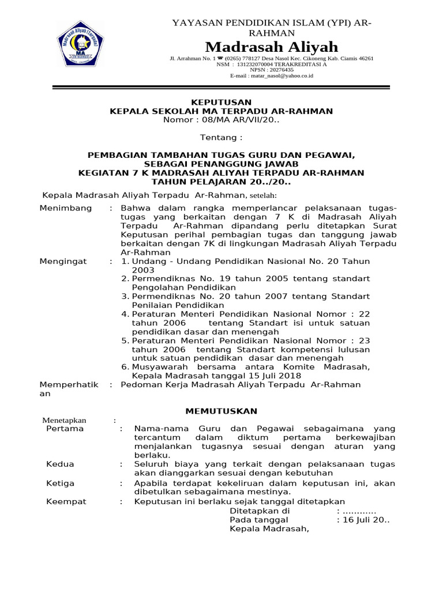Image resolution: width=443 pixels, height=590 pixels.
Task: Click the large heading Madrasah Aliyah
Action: tap(272, 47)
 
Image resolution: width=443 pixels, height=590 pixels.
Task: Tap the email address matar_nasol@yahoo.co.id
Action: tap(284, 75)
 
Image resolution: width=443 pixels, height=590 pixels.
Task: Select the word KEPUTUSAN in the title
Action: tap(221, 102)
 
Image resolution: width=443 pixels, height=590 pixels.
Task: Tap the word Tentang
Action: tap(221, 138)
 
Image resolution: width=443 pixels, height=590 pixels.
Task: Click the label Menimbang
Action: tap(65, 208)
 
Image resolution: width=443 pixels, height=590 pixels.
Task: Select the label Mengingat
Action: tap(63, 262)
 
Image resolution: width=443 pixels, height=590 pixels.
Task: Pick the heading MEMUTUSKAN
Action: tap(221, 411)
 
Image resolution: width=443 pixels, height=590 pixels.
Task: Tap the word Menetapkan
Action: tap(63, 421)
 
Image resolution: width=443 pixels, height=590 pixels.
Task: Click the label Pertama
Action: tap(65, 429)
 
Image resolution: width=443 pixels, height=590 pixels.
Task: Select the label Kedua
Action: tap(60, 464)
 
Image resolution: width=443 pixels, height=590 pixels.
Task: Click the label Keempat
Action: tap(66, 501)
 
